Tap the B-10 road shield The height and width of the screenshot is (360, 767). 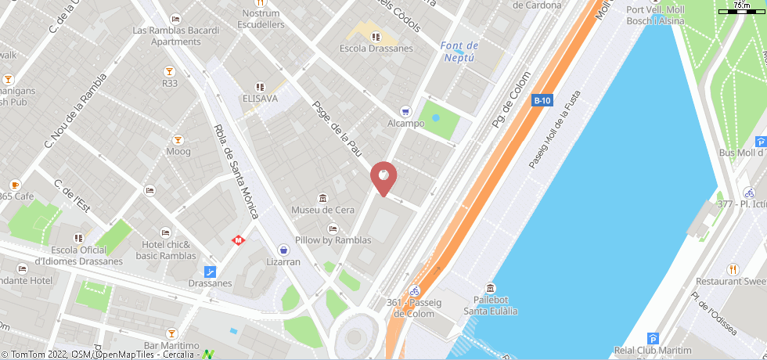click(x=542, y=100)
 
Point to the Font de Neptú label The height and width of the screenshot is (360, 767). click(x=459, y=52)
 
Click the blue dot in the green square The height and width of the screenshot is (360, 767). click(x=436, y=118)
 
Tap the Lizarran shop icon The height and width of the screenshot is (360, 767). click(x=283, y=250)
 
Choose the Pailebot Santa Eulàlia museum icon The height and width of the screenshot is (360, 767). click(x=491, y=288)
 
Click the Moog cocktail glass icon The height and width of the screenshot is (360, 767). click(x=178, y=140)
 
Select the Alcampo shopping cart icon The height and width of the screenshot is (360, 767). click(x=405, y=111)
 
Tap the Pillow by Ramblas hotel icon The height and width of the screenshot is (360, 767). click(x=333, y=229)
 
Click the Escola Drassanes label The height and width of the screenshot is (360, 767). click(x=376, y=49)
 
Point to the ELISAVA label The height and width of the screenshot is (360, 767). click(x=260, y=99)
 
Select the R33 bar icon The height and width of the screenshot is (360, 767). click(x=169, y=71)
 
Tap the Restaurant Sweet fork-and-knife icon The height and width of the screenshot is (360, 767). click(x=733, y=268)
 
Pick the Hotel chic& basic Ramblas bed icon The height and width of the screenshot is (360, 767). click(x=165, y=232)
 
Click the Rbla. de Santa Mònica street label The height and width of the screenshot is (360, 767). click(x=239, y=171)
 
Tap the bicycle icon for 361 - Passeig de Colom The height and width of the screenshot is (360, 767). click(x=416, y=290)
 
